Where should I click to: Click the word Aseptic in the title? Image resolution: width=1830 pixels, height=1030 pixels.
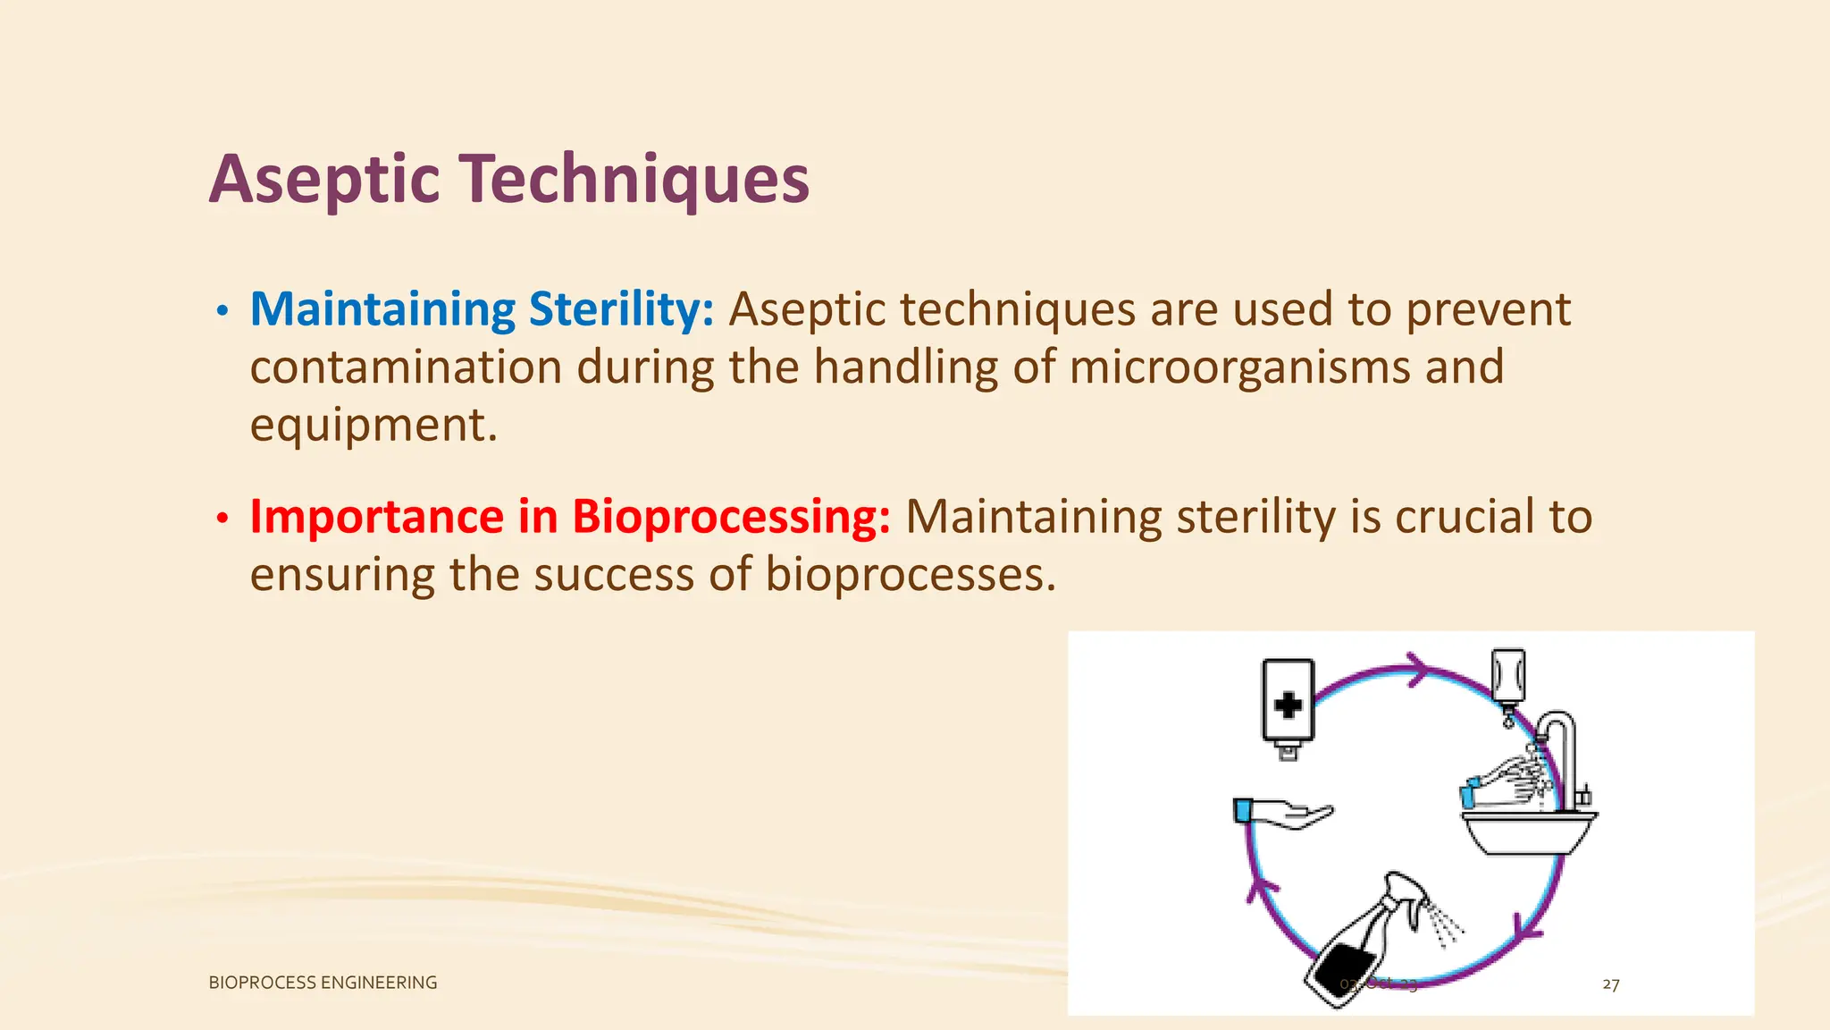coord(324,180)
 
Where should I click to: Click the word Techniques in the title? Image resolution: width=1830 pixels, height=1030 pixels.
coord(634,180)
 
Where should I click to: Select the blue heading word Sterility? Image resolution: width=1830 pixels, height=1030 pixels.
coord(621,309)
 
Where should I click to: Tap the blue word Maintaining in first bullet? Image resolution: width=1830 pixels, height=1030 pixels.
coord(382,309)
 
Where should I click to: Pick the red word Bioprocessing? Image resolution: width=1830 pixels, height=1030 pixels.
coord(731,517)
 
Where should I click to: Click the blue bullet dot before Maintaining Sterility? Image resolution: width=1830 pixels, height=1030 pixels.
coord(222,312)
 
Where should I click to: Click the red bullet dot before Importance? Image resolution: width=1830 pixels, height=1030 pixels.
coord(222,519)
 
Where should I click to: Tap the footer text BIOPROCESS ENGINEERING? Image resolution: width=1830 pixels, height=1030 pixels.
coord(323,983)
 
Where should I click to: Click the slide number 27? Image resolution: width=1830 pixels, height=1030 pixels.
coord(1610,984)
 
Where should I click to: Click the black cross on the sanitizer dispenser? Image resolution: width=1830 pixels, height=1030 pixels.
coord(1288,705)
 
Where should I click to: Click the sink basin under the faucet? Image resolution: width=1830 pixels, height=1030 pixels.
coord(1528,832)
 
